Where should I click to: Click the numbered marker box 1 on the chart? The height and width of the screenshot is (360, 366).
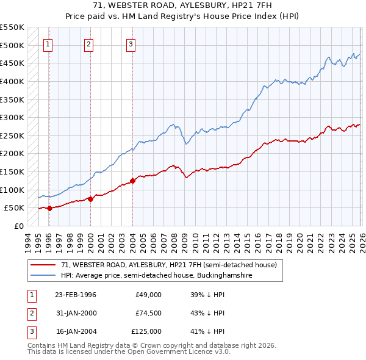[48, 43]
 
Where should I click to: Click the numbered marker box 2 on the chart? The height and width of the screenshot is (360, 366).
[89, 43]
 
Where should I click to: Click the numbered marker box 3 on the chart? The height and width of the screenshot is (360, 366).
[131, 43]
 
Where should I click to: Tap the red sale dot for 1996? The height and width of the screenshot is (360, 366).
[49, 208]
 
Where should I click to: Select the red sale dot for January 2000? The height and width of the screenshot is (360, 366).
[90, 199]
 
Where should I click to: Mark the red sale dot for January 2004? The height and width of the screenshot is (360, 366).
[132, 181]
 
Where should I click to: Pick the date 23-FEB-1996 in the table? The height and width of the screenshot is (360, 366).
[75, 295]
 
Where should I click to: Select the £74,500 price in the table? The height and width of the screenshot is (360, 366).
[148, 313]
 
